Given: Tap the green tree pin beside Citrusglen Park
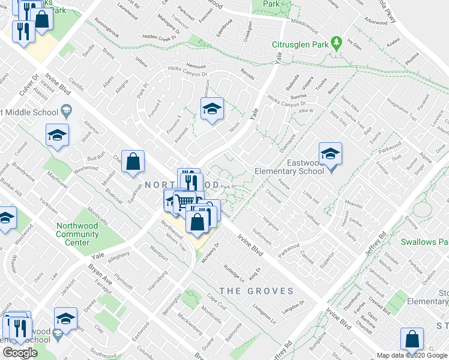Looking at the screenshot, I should point(337,44).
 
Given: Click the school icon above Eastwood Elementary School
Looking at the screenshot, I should point(330,154).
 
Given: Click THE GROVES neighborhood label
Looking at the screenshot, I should point(256,292).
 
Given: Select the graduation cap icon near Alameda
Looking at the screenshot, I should point(211,109).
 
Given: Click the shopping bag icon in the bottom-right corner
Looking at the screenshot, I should point(413,340).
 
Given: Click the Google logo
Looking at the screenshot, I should point(20,353).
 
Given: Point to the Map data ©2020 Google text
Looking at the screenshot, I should point(412,355).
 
